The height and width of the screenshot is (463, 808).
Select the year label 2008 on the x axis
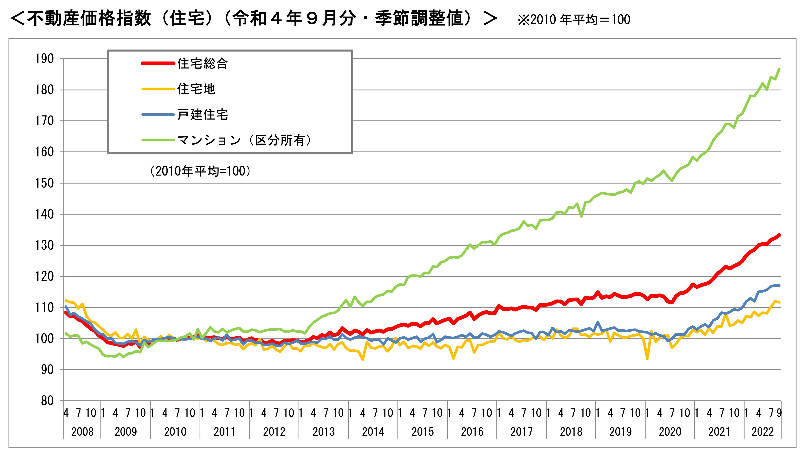[x=82, y=432]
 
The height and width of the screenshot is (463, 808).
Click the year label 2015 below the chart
[x=423, y=432]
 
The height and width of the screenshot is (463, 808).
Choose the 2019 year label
[x=621, y=432]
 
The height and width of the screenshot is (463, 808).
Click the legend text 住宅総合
[x=202, y=64]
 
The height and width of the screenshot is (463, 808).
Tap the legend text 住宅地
[x=196, y=89]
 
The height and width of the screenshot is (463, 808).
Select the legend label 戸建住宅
[x=202, y=115]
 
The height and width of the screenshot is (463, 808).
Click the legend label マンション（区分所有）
[x=244, y=140]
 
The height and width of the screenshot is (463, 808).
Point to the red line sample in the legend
[x=158, y=64]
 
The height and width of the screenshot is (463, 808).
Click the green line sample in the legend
[x=158, y=140]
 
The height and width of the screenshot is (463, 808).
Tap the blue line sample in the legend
[x=158, y=115]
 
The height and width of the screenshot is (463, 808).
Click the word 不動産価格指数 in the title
[x=89, y=18]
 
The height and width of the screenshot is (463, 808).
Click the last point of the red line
[x=779, y=235]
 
